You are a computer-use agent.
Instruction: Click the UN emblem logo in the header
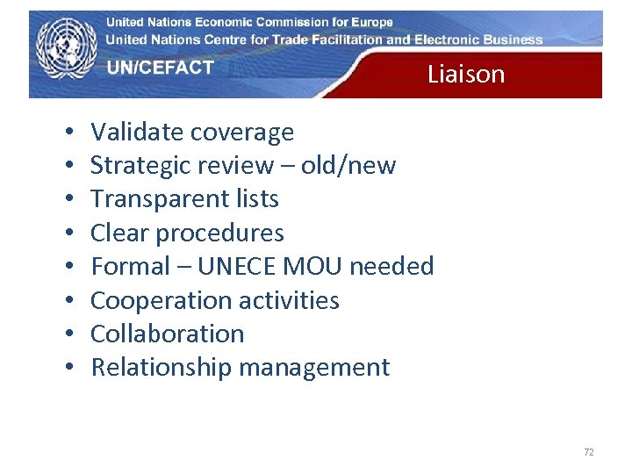(67, 51)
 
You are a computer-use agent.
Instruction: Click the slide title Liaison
(466, 75)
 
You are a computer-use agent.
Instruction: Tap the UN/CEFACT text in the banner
(161, 68)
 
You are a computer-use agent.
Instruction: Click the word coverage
(242, 133)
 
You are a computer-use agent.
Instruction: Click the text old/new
(348, 165)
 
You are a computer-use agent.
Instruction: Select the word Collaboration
(168, 334)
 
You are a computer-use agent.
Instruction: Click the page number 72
(588, 452)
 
